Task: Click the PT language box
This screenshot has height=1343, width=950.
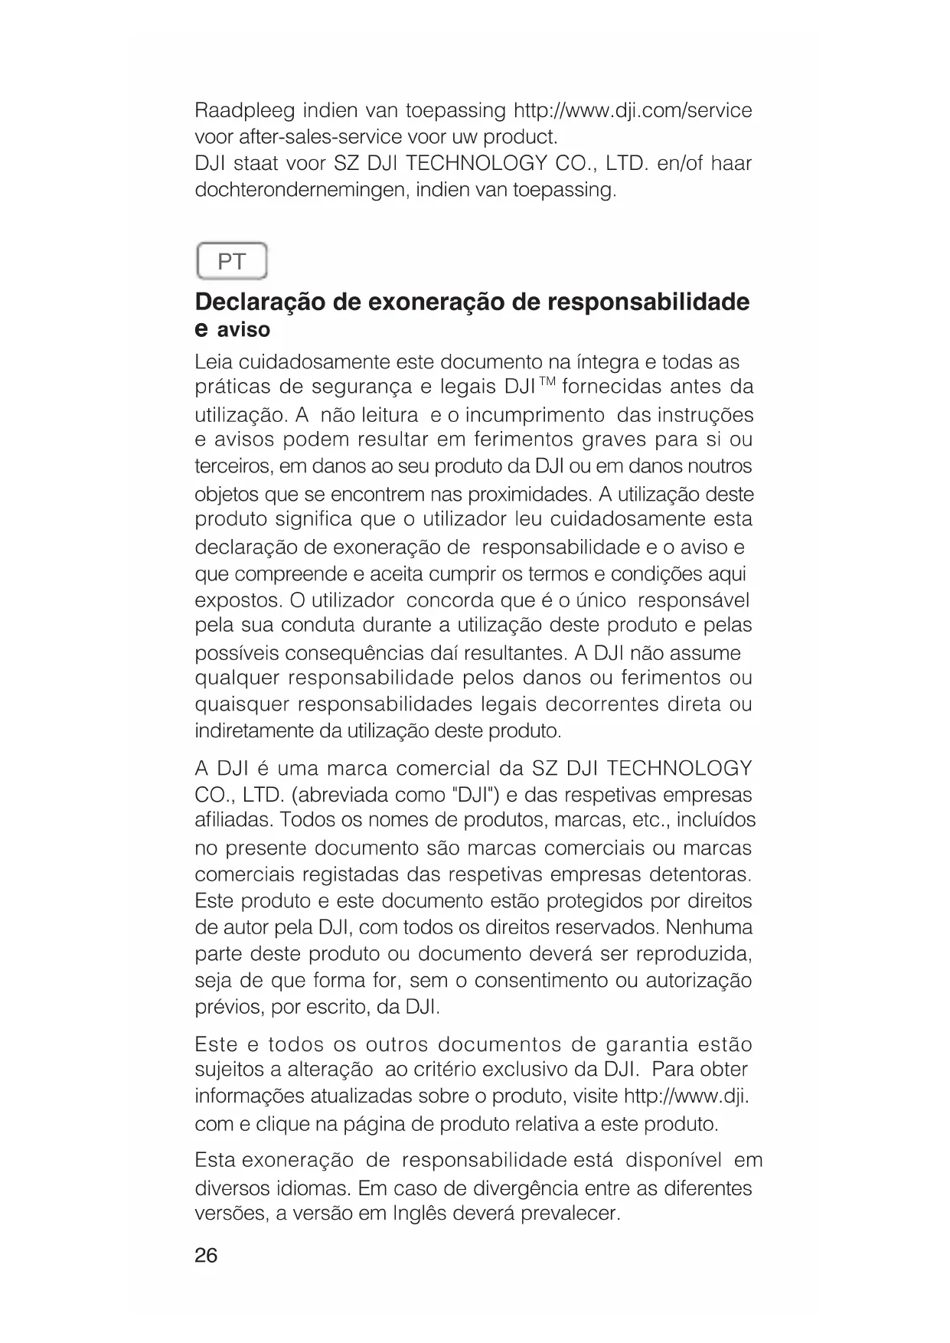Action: coord(232,263)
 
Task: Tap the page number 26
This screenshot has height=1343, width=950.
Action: coord(206,1255)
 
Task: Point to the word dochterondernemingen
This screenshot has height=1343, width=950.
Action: coord(302,190)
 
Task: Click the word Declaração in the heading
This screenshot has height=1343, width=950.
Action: coord(260,302)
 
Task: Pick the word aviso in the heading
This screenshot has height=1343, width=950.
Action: coord(243,330)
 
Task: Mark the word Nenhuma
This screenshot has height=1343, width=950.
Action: coord(709,928)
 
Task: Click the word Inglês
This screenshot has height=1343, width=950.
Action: coord(424,1214)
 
